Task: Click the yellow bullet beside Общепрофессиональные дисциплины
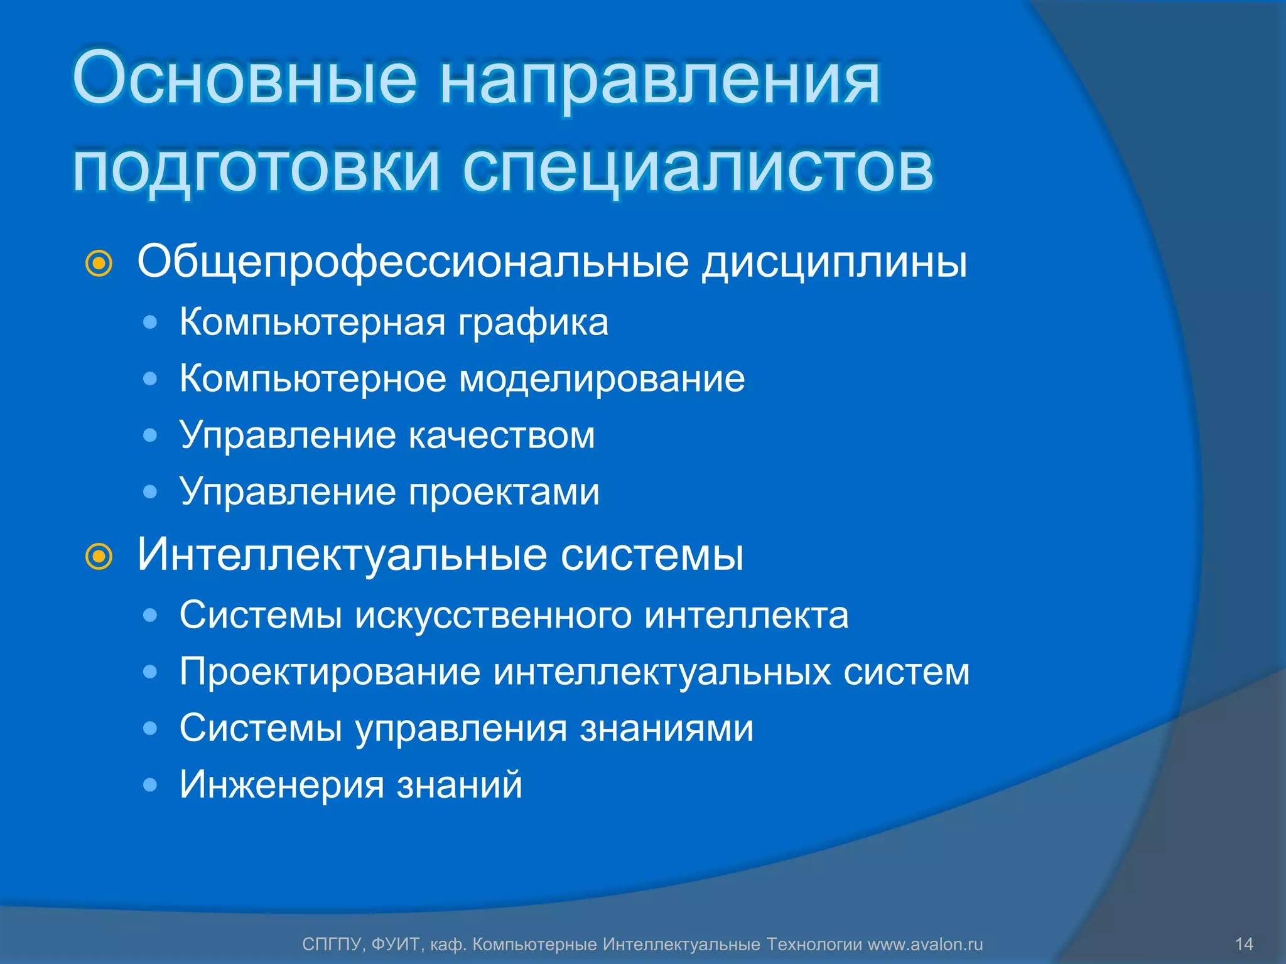coord(99,264)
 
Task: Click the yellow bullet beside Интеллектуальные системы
coord(99,556)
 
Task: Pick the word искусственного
coord(494,615)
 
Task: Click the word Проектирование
coord(330,672)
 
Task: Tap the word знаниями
coord(666,728)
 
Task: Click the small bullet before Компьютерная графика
coord(149,323)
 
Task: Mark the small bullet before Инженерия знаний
coord(149,785)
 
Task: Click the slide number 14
coord(1244,944)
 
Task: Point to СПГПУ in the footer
coord(332,944)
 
